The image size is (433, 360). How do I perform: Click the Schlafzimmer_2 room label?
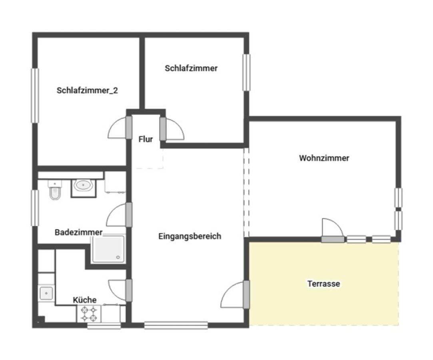pos(87,90)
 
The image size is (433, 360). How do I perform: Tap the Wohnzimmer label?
pos(324,158)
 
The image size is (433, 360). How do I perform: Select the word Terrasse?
pos(323,284)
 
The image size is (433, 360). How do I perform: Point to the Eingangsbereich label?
pos(190,236)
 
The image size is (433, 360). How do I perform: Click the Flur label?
pos(146,139)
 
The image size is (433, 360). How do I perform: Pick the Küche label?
pos(84,300)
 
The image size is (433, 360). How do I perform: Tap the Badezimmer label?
pos(78,232)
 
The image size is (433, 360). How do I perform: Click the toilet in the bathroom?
pos(55,190)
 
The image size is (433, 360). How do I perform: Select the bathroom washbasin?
pos(83,186)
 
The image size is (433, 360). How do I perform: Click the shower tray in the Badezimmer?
pos(108,249)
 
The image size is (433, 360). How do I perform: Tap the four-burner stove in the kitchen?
pos(89,314)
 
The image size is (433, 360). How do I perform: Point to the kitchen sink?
pos(46,293)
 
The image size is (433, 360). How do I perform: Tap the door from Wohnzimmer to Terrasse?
pos(333,230)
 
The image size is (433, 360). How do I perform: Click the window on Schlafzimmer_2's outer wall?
pos(35,96)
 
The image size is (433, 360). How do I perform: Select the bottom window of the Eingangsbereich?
pos(176,325)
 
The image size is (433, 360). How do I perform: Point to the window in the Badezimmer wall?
pos(35,208)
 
